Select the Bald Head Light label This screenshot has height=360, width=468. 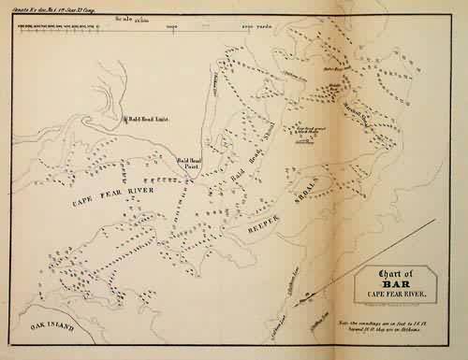coord(149,119)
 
